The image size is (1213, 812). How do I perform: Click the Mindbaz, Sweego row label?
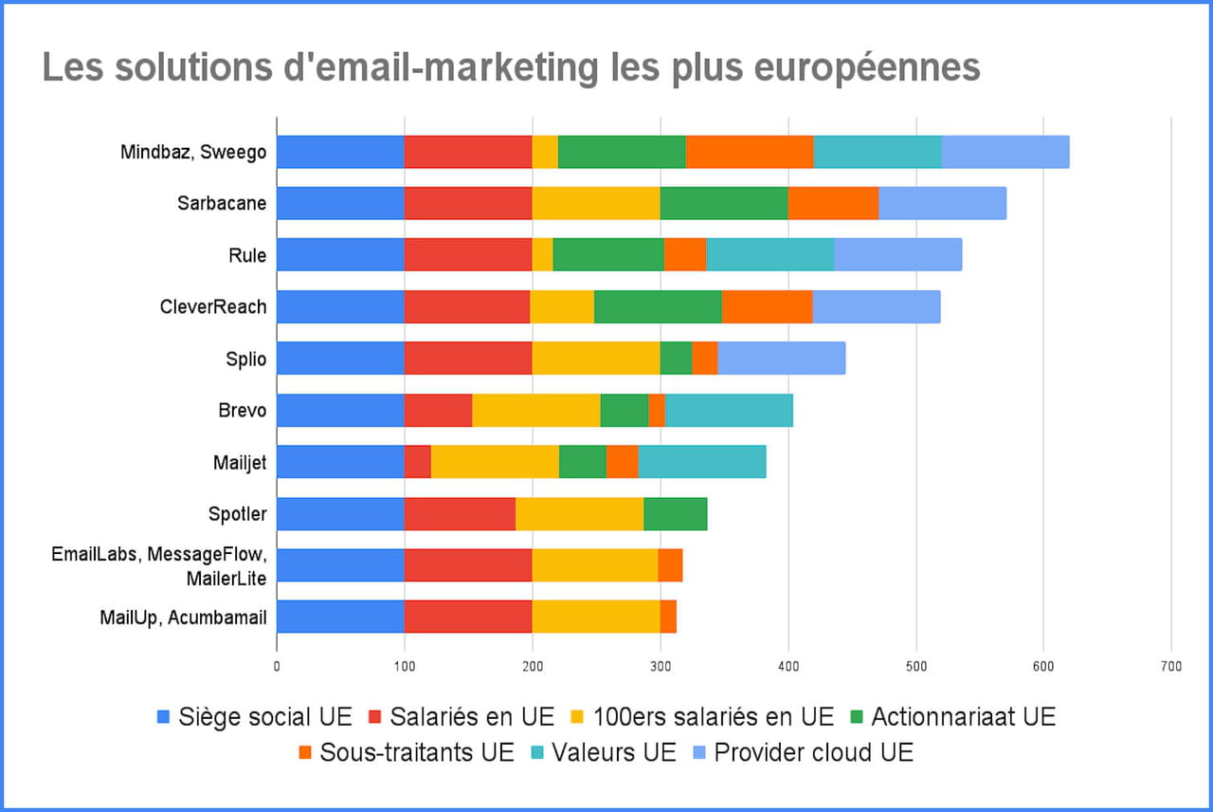tap(193, 153)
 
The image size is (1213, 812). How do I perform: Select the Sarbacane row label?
tap(222, 204)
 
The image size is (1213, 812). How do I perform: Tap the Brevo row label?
tap(242, 411)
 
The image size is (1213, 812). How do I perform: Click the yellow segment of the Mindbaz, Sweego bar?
tap(545, 153)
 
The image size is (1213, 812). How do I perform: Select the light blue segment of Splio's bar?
tap(781, 360)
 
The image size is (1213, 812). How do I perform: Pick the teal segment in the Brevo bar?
tap(729, 411)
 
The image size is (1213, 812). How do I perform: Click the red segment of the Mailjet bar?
tap(417, 463)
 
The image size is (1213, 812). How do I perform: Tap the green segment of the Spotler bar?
tap(675, 515)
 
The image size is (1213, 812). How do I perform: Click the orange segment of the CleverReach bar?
tap(767, 307)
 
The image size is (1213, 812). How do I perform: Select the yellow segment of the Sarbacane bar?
tap(595, 204)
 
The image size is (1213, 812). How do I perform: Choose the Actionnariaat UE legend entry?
tap(954, 716)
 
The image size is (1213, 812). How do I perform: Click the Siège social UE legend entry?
tap(255, 716)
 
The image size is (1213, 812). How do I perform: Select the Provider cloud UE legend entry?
tap(801, 753)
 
